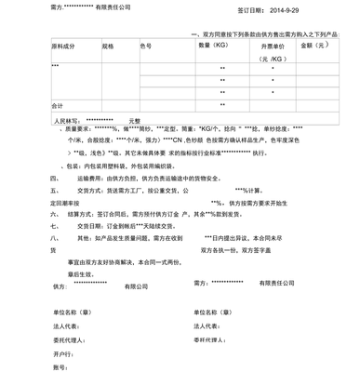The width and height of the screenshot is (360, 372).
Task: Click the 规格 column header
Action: coord(108,46)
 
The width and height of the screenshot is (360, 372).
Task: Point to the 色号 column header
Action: coord(146,46)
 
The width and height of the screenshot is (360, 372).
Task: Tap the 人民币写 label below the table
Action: coord(68,120)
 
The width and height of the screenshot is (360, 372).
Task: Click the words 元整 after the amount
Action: coord(134,120)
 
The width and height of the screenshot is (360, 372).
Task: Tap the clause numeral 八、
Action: coord(55,239)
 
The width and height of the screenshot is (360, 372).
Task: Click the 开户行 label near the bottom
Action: coord(63,354)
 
